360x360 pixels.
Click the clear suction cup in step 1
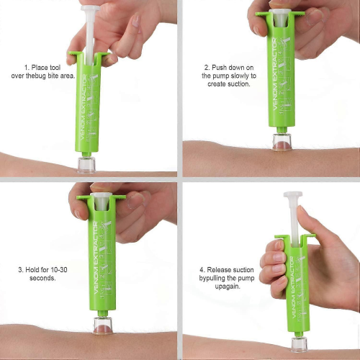pos(86,165)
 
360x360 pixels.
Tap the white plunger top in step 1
pos(90,9)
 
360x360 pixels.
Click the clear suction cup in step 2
pos(282,142)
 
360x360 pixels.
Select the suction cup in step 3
pos(103,325)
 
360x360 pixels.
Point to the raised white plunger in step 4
pos(293,219)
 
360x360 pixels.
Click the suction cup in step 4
pos(300,345)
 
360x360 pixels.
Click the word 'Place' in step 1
pos(40,68)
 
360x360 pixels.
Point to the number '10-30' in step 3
pos(59,270)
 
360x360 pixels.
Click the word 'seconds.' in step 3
pos(42,278)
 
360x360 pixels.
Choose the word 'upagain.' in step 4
pos(228,287)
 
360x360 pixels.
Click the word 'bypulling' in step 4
pos(212,279)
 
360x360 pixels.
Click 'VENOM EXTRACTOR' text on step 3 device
pos(96,258)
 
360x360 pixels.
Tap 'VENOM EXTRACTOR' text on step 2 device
pos(274,74)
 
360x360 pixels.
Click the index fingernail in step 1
pos(136,22)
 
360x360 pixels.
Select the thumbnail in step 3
pos(136,200)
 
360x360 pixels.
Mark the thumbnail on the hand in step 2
pos(315,17)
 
